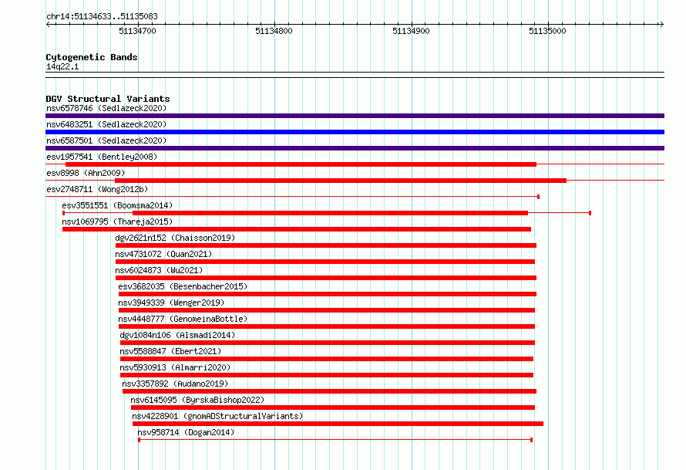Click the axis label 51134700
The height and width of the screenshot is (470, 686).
[137, 31]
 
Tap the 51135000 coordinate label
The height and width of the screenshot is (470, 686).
[547, 31]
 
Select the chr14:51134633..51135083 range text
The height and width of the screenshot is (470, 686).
[102, 17]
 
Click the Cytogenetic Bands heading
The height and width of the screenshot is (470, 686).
[92, 57]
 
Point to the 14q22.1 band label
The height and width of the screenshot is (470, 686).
[62, 66]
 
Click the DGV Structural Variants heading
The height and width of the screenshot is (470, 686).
[108, 99]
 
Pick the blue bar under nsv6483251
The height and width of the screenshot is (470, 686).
[355, 132]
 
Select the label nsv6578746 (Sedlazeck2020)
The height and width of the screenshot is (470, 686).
[106, 108]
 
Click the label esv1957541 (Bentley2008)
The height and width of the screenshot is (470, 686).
[102, 157]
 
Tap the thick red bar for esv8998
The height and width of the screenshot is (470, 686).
[341, 181]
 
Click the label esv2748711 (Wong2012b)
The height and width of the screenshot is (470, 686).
[97, 189]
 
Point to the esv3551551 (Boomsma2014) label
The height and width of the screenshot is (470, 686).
[117, 205]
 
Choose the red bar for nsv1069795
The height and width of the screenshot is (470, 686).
[297, 229]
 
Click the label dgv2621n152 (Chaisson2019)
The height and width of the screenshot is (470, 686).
[175, 238]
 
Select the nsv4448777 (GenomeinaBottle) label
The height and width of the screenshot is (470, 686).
[183, 319]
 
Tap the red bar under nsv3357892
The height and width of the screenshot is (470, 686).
[329, 391]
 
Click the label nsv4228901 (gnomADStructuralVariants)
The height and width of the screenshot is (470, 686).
[217, 416]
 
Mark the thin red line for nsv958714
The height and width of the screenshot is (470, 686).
[335, 439]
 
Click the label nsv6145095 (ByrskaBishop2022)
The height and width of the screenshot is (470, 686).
[197, 400]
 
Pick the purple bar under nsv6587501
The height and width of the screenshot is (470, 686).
[355, 148]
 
